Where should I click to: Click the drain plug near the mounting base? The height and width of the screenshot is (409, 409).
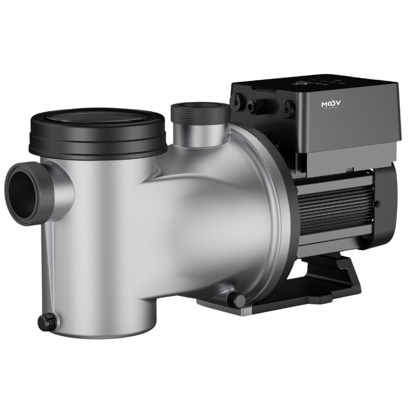(x=233, y=297)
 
